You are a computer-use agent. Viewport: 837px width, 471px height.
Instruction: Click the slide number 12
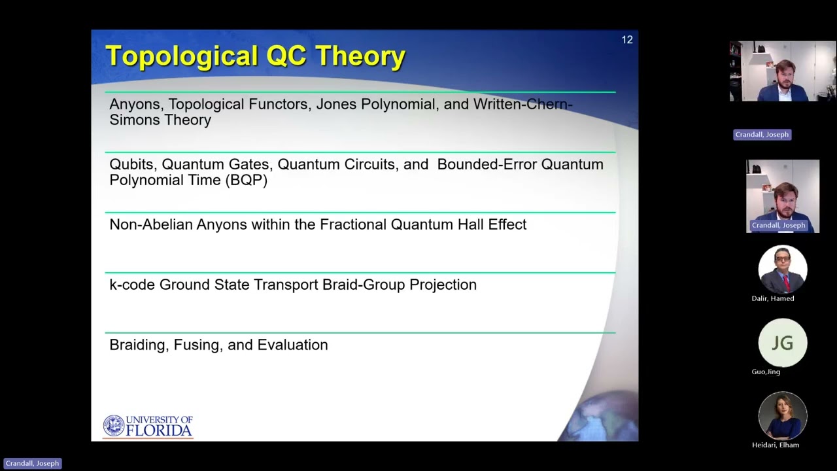point(627,40)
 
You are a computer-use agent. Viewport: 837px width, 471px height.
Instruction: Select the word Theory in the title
point(360,56)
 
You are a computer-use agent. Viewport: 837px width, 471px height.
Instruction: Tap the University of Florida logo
point(148,426)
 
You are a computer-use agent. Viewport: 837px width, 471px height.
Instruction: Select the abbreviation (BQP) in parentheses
point(246,181)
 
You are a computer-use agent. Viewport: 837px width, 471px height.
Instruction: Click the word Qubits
point(132,165)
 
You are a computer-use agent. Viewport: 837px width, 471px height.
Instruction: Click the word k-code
point(132,285)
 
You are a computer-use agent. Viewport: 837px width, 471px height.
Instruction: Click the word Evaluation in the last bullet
point(292,345)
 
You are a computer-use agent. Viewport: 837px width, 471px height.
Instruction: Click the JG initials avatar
point(782,343)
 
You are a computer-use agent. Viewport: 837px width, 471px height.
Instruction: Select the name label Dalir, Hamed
point(773,298)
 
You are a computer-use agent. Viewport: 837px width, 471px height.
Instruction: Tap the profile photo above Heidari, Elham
point(782,415)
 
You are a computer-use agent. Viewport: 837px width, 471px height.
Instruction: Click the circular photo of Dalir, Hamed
point(782,269)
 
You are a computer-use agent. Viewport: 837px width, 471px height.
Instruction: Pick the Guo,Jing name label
point(766,372)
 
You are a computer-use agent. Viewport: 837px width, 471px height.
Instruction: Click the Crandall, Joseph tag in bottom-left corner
point(32,463)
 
